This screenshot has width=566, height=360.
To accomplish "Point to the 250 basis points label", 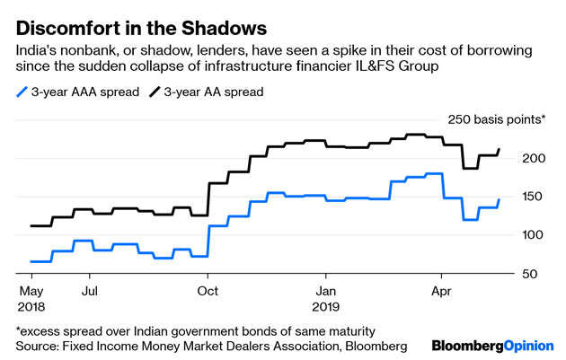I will pyautogui.click(x=496, y=119).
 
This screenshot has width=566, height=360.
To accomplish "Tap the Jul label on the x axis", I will pyautogui.click(x=90, y=291).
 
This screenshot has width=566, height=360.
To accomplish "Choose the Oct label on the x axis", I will pyautogui.click(x=208, y=291).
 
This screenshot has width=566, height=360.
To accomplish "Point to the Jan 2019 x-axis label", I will pyautogui.click(x=326, y=298).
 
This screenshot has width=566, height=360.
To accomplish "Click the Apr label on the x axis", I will pyautogui.click(x=441, y=291).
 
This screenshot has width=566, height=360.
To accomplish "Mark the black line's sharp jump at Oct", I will pyautogui.click(x=208, y=199).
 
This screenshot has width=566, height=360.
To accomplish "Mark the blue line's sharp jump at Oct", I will pyautogui.click(x=208, y=241).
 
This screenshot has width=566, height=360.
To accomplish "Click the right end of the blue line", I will pyautogui.click(x=500, y=199).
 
